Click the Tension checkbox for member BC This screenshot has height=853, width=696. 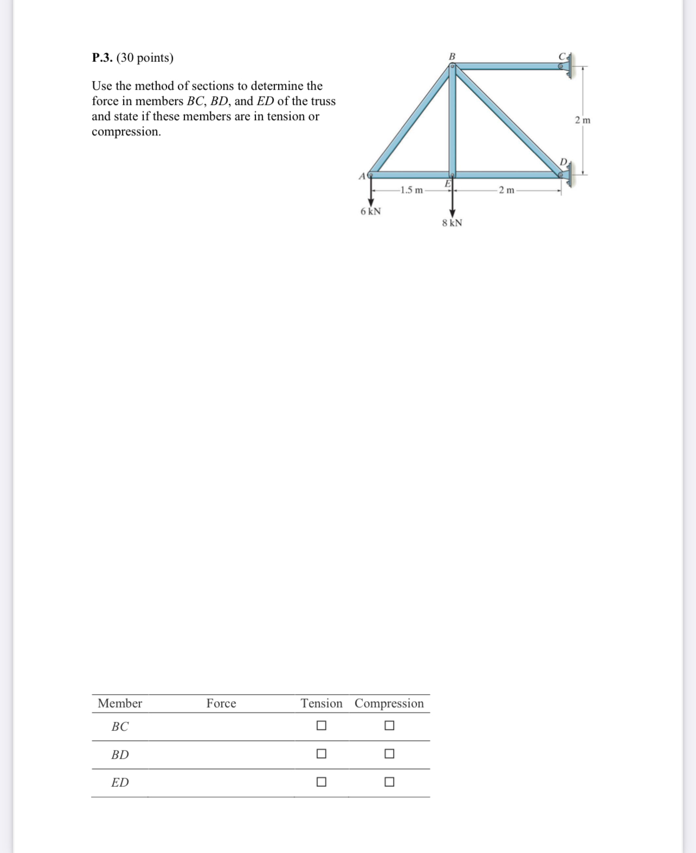pyautogui.click(x=321, y=725)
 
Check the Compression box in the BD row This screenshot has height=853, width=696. pyautogui.click(x=389, y=754)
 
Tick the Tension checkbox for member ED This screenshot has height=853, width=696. pyautogui.click(x=321, y=782)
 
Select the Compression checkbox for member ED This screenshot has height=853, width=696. pyautogui.click(x=389, y=782)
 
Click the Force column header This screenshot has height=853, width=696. pyautogui.click(x=221, y=703)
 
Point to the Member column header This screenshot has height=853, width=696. pyautogui.click(x=120, y=703)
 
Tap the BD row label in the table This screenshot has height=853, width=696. pyautogui.click(x=120, y=754)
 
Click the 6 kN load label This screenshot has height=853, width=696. pyautogui.click(x=371, y=212)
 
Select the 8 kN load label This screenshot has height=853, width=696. pyautogui.click(x=452, y=223)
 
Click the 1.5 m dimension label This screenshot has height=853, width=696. pyautogui.click(x=411, y=190)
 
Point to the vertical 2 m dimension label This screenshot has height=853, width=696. pyautogui.click(x=583, y=120)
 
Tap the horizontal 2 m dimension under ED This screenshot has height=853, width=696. pyautogui.click(x=506, y=190)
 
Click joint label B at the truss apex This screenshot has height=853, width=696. pyautogui.click(x=452, y=56)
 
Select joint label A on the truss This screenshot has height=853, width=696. pyautogui.click(x=362, y=176)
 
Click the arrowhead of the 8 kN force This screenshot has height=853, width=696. pyautogui.click(x=452, y=214)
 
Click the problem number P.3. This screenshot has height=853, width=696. pyautogui.click(x=102, y=58)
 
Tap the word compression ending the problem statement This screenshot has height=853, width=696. pyautogui.click(x=126, y=132)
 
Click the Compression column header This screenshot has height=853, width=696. pyautogui.click(x=389, y=703)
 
